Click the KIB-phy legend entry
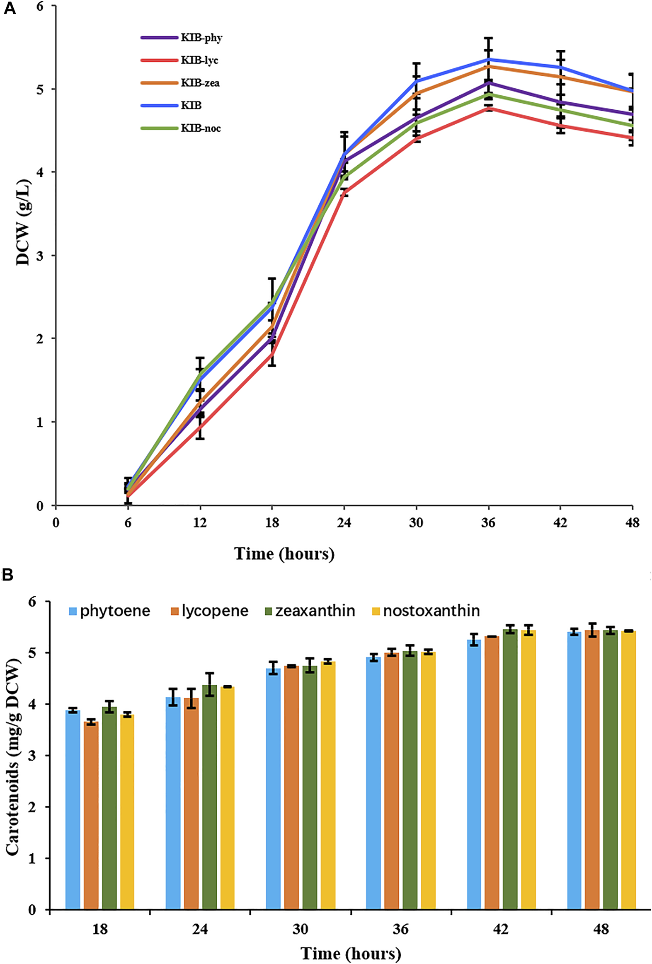201,38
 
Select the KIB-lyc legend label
199,60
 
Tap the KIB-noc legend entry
201,128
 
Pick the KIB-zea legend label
200,83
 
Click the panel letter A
10,8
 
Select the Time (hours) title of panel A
284,554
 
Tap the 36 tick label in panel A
488,523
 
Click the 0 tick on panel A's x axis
56,523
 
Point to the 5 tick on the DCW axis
41,89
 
